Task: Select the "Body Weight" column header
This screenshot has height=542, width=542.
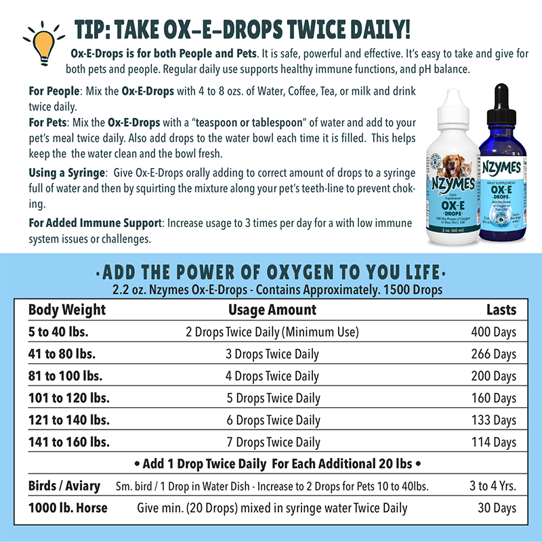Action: click(x=67, y=310)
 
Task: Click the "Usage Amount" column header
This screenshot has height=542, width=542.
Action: click(x=272, y=310)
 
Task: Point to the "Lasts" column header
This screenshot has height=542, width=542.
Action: click(x=501, y=310)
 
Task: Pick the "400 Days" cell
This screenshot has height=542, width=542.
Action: click(x=494, y=333)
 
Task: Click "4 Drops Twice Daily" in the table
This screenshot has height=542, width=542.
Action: click(x=272, y=376)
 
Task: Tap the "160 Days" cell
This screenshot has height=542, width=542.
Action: click(x=494, y=398)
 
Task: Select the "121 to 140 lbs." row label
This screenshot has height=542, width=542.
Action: click(x=69, y=420)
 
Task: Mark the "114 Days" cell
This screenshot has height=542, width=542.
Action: click(x=494, y=442)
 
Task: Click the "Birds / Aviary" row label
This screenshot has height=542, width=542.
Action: click(x=64, y=486)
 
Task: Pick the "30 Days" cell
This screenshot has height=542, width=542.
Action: click(x=497, y=507)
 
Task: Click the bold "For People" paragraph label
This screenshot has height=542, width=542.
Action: click(x=54, y=91)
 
